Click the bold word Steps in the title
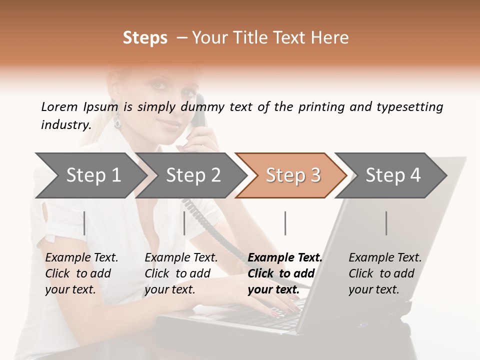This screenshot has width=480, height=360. pyautogui.click(x=145, y=38)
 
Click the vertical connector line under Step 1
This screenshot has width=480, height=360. pyautogui.click(x=84, y=223)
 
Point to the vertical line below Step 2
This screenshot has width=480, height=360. pyautogui.click(x=184, y=223)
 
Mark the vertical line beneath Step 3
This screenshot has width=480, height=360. pyautogui.click(x=285, y=223)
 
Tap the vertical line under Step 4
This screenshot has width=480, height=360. pyautogui.click(x=386, y=223)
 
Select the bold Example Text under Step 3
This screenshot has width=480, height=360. pyautogui.click(x=285, y=273)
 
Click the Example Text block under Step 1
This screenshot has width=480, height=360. pyautogui.click(x=81, y=273)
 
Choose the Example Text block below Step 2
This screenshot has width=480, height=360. pyautogui.click(x=181, y=273)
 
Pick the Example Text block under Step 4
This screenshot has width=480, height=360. pyautogui.click(x=385, y=273)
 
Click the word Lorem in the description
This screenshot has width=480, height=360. pyautogui.click(x=59, y=106)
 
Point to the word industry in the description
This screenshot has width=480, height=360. pyautogui.click(x=65, y=125)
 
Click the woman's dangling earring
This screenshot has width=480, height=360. pyautogui.click(x=118, y=120)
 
